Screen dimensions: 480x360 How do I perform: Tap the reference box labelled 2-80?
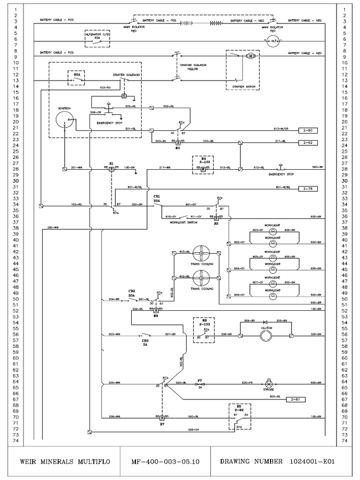click(x=307, y=130)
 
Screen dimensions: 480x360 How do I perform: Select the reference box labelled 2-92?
click(x=307, y=142)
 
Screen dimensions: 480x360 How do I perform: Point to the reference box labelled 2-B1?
click(x=295, y=399)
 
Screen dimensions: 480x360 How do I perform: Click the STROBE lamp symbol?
click(x=269, y=383)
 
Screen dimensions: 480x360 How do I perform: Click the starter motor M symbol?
click(x=250, y=56)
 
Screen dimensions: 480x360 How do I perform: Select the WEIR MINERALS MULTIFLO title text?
click(x=65, y=461)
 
